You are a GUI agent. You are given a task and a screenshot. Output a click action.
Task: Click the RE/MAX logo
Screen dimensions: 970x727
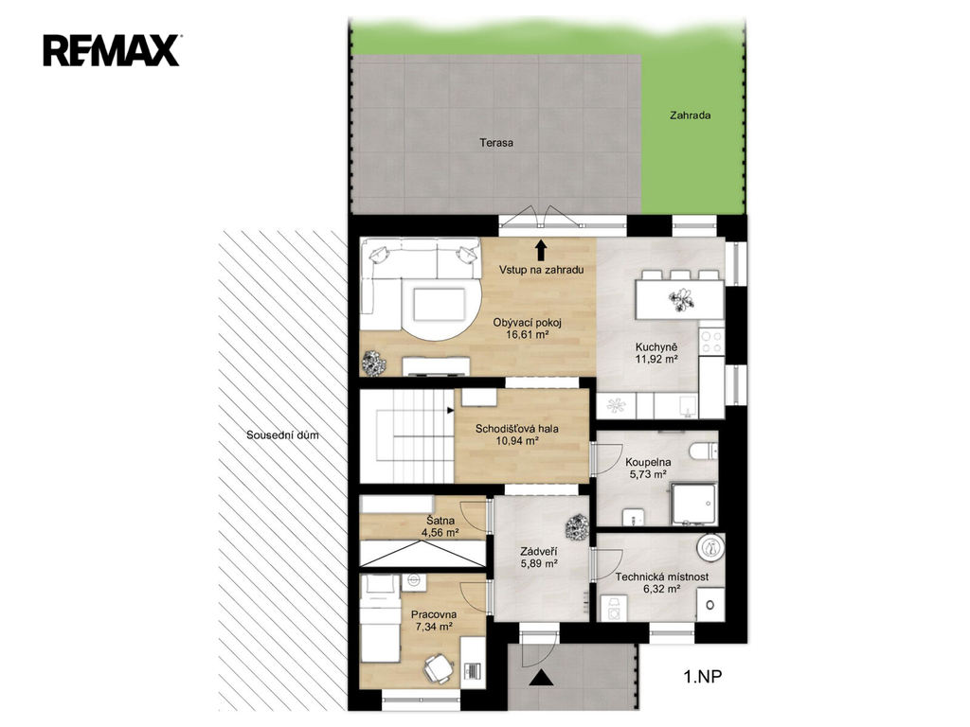point(112,51)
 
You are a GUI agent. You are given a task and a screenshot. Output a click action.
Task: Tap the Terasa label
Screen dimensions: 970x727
point(496,143)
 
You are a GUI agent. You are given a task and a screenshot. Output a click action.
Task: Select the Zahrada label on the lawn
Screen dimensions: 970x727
point(690,115)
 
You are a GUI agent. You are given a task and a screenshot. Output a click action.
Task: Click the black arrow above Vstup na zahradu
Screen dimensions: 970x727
point(541,250)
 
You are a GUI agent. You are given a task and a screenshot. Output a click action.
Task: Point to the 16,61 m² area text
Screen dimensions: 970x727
point(528,335)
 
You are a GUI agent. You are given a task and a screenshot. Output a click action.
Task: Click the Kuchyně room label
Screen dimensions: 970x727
point(656,347)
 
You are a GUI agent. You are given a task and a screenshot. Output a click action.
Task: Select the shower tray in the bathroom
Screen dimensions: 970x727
point(694,505)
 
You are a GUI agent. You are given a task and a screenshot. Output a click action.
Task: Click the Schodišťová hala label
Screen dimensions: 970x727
point(516,429)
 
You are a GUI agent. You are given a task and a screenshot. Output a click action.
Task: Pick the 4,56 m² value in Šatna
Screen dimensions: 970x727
point(440,532)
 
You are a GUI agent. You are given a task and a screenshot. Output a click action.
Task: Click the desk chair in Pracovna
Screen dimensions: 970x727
point(439,669)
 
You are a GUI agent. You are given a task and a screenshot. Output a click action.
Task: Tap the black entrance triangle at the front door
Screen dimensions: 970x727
point(542,678)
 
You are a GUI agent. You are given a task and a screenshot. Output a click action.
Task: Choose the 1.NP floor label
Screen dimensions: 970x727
point(702,677)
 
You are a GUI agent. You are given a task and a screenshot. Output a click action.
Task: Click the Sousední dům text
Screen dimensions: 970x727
point(282,435)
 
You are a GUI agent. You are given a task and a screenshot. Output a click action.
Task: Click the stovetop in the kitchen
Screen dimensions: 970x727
point(711,342)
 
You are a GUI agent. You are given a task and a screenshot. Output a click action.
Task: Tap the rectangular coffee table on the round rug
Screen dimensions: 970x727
point(440,305)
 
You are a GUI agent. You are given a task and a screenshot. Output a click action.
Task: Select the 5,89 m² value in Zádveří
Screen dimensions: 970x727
point(539,564)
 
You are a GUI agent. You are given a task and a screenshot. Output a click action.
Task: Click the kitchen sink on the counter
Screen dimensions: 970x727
point(687,405)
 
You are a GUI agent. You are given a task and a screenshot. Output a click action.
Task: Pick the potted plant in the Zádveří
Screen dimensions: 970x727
point(577,527)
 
